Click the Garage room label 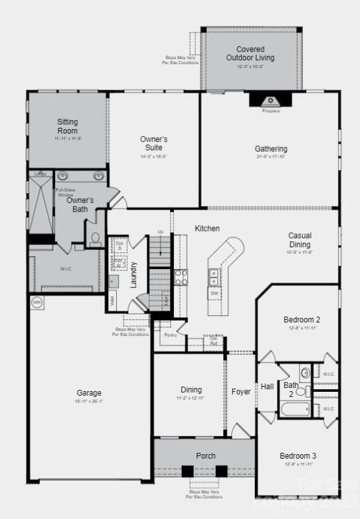[89, 392]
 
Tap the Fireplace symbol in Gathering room [271, 101]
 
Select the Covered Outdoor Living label [250, 53]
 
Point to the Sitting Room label [67, 126]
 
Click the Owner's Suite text [154, 143]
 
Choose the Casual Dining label [300, 240]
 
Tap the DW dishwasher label [214, 293]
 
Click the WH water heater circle [36, 302]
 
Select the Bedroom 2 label [302, 319]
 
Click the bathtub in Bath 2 [296, 410]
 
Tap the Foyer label [241, 392]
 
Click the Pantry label [171, 335]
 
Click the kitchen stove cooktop [180, 278]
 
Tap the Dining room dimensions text [191, 398]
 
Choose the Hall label [267, 386]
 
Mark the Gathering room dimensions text [270, 157]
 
